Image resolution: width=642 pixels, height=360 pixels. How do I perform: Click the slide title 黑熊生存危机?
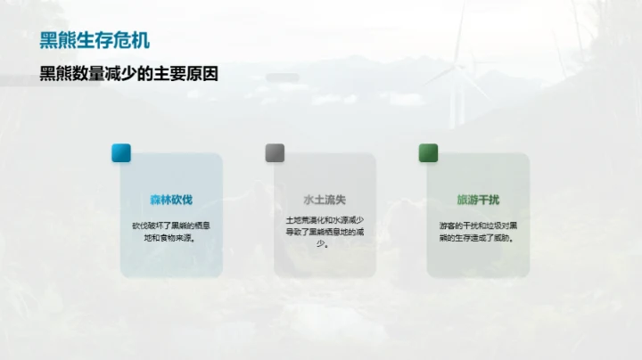point(95,41)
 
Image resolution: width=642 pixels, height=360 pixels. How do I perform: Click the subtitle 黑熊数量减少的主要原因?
point(129,75)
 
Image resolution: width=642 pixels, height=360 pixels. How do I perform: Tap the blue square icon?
point(121,152)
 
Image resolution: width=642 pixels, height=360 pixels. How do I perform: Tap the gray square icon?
point(275,152)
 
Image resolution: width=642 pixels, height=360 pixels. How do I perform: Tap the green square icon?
point(429,152)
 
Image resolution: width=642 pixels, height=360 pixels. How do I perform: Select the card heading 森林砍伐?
point(171,200)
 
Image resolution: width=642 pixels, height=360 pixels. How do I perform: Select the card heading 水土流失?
point(325,200)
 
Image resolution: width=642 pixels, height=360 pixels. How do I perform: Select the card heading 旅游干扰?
point(478,200)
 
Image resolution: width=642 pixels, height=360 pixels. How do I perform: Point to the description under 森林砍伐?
point(171,232)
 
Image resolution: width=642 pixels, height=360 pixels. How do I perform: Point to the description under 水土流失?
point(325,232)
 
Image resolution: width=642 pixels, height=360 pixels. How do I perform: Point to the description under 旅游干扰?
point(478,232)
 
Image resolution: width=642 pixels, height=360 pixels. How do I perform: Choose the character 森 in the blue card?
point(155,200)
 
